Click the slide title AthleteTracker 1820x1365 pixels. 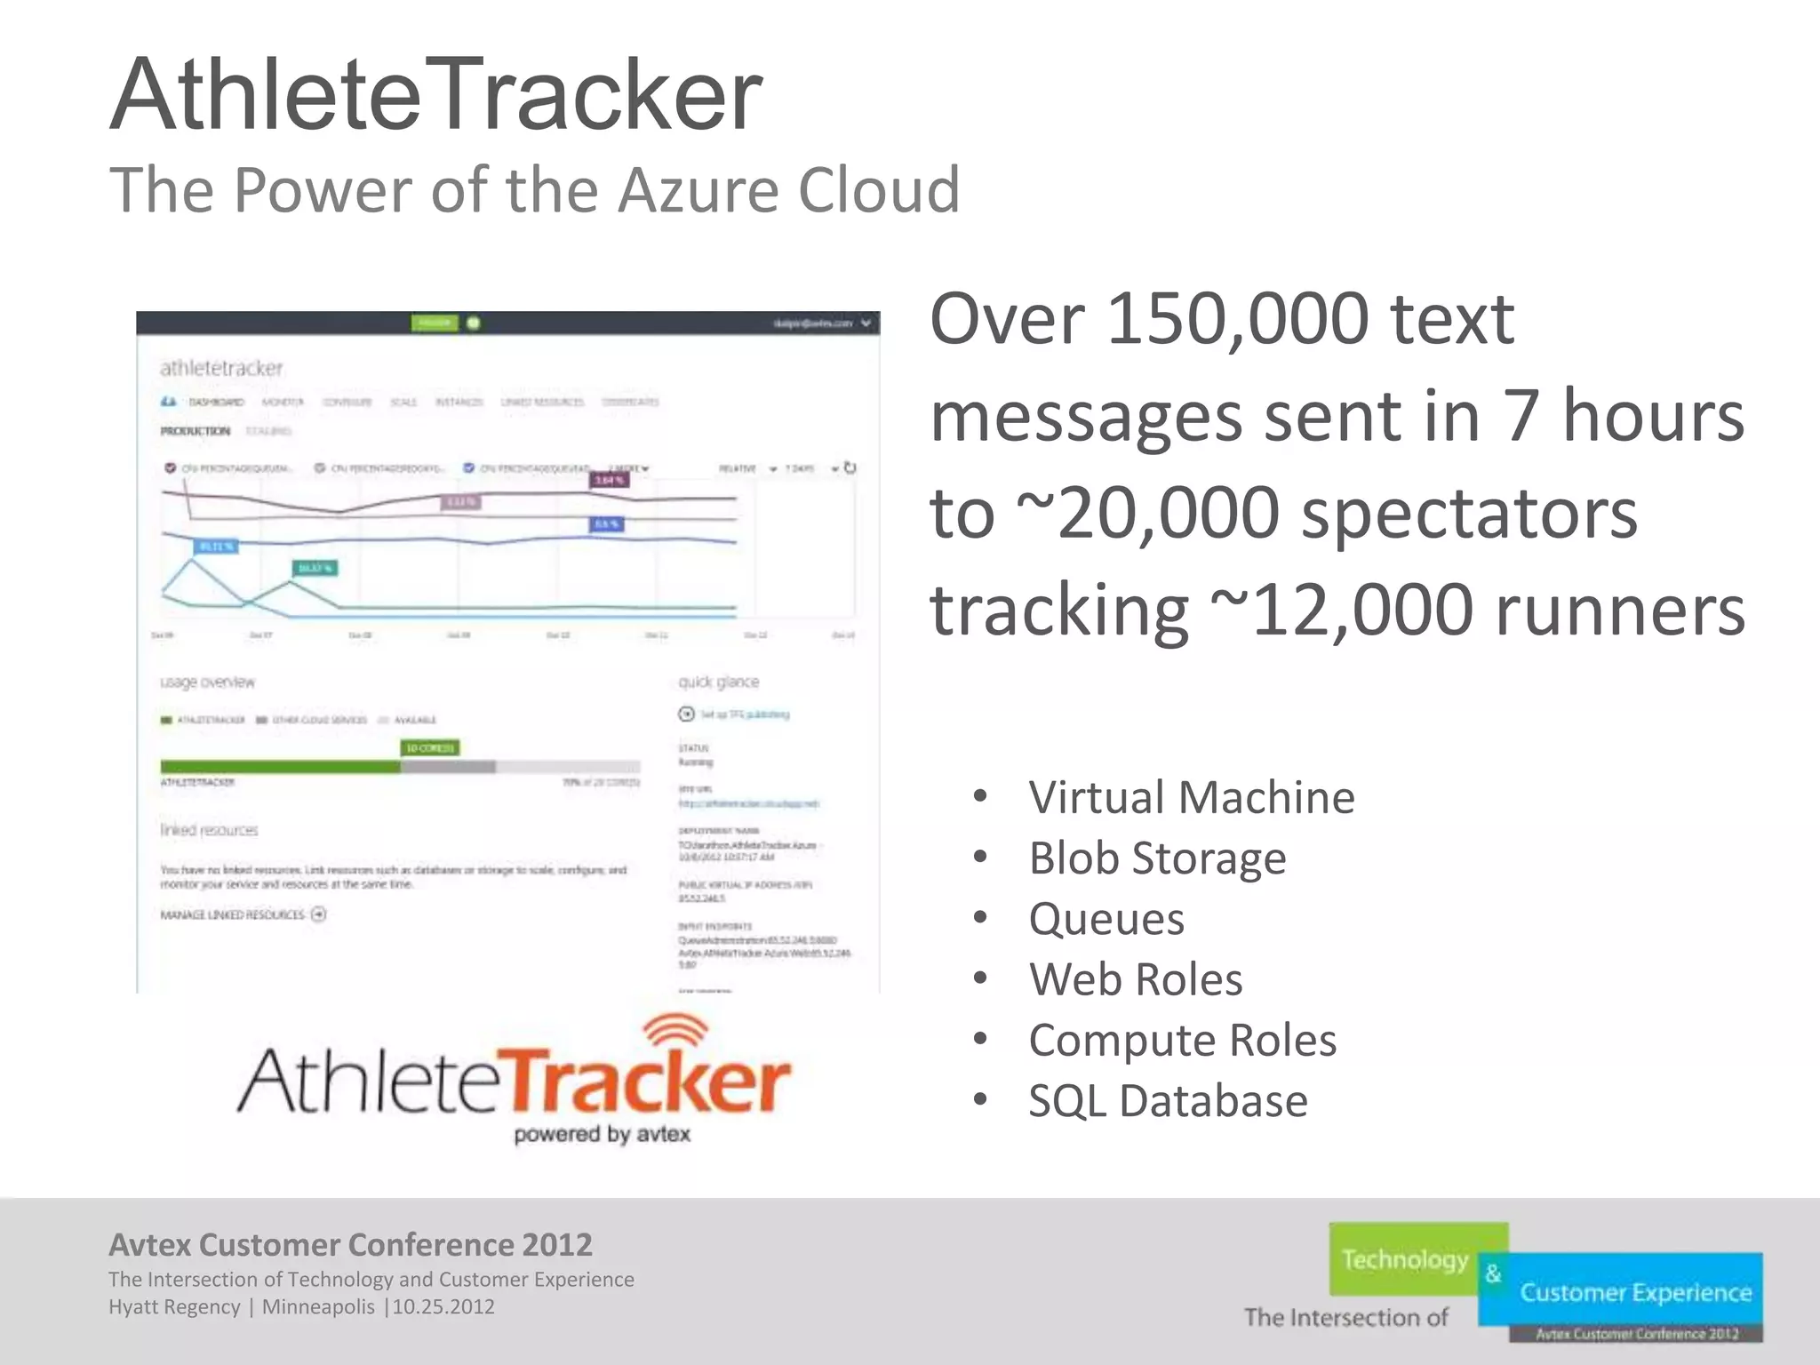(435, 95)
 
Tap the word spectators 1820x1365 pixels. (1468, 513)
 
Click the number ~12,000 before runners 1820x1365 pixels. (1342, 611)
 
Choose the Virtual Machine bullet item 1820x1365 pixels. (1191, 797)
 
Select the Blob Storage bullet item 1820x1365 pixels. (1157, 858)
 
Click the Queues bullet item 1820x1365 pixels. (1106, 919)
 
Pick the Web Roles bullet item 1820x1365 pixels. (1136, 979)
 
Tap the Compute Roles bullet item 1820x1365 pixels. (1182, 1040)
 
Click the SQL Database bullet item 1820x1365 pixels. (1168, 1101)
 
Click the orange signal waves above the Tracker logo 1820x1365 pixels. (675, 1031)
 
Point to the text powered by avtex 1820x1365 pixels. (602, 1134)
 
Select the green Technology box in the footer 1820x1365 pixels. (1406, 1259)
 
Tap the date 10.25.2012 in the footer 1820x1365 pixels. (443, 1307)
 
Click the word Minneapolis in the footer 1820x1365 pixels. (317, 1307)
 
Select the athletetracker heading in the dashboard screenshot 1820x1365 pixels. (221, 368)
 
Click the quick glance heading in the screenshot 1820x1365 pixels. (718, 682)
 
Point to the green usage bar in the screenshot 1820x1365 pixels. (280, 766)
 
